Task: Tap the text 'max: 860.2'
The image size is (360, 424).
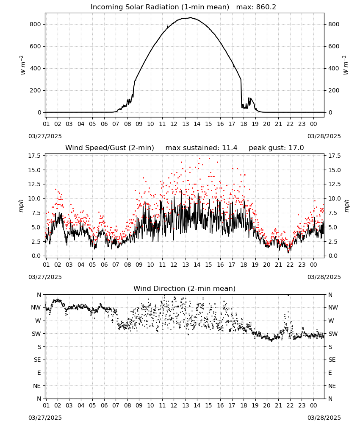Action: [256, 7]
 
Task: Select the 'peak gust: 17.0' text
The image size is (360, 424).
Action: [276, 148]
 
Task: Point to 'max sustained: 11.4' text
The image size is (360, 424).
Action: [201, 148]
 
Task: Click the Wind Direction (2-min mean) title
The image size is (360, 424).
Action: [185, 288]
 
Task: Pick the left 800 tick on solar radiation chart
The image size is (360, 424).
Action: [36, 24]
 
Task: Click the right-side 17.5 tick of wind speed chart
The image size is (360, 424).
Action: [334, 156]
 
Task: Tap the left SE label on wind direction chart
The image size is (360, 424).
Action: [38, 360]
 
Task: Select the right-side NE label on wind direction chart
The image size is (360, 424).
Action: [332, 386]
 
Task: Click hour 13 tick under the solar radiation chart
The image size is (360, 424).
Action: [186, 124]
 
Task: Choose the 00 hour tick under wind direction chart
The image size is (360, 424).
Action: [313, 405]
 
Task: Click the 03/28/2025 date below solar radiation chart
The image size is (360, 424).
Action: [324, 136]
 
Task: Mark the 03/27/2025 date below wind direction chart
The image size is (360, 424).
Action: [45, 418]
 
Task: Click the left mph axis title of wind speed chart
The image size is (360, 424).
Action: [21, 206]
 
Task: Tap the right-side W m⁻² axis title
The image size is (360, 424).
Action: [346, 65]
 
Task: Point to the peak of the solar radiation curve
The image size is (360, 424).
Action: [191, 17]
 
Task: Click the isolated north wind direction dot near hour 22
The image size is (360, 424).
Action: [288, 295]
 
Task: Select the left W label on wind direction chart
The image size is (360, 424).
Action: [39, 321]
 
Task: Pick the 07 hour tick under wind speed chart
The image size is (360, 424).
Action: [116, 265]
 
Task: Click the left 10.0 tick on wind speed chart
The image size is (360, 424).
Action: [36, 199]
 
